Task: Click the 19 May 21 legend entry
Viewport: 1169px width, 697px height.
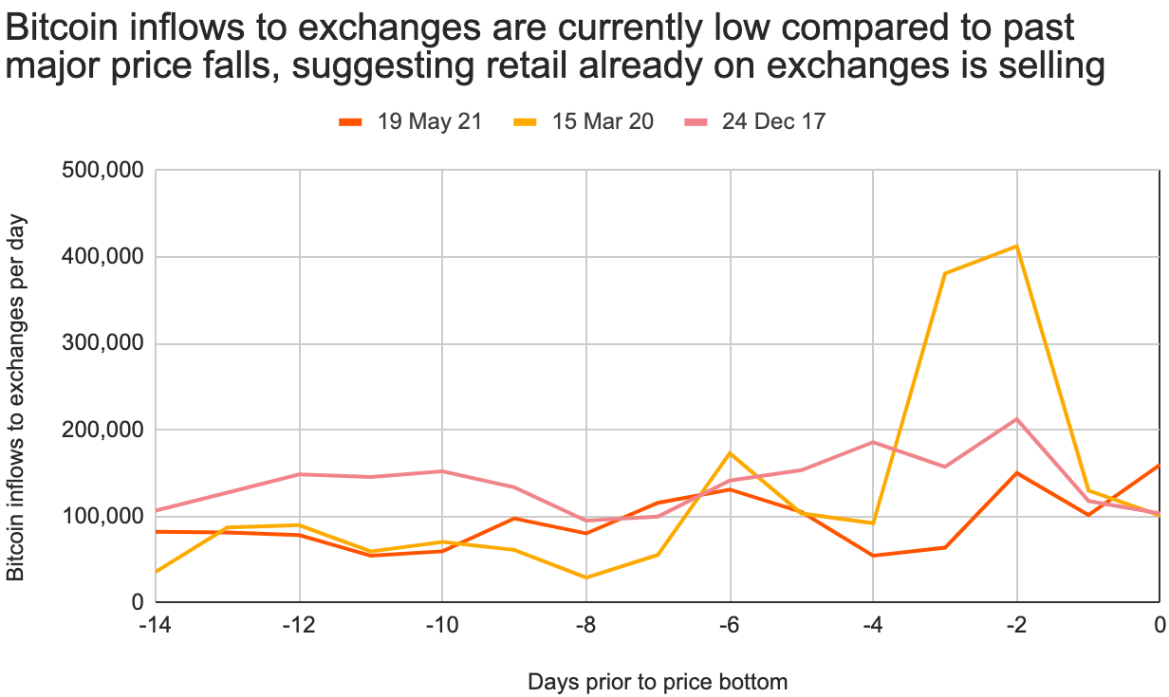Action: [x=410, y=121]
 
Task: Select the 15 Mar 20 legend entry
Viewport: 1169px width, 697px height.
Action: [x=584, y=121]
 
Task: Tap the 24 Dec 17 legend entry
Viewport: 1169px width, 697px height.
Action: [x=754, y=121]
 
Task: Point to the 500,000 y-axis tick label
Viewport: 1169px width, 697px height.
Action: [x=102, y=170]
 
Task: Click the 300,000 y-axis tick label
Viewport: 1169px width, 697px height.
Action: [x=102, y=343]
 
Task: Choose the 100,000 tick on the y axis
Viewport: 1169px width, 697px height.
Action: [x=102, y=516]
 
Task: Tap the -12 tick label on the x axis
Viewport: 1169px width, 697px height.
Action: [x=299, y=625]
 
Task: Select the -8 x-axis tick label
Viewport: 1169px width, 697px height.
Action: [x=585, y=625]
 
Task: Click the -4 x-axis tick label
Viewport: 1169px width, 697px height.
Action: [x=873, y=625]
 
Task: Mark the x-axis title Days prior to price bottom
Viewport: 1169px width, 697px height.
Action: [x=658, y=682]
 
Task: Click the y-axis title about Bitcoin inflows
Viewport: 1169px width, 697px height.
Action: [x=15, y=397]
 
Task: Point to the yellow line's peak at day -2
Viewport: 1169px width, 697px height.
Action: [x=1016, y=246]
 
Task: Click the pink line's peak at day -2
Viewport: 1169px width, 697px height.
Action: [x=1016, y=418]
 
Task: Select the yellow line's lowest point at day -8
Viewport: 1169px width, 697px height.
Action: [x=586, y=578]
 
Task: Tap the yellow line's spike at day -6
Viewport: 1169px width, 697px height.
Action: [x=730, y=453]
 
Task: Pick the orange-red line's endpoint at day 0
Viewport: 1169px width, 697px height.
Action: [x=1160, y=465]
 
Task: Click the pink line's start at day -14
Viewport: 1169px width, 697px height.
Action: [x=157, y=510]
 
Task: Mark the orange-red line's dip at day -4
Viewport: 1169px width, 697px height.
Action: [x=873, y=556]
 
